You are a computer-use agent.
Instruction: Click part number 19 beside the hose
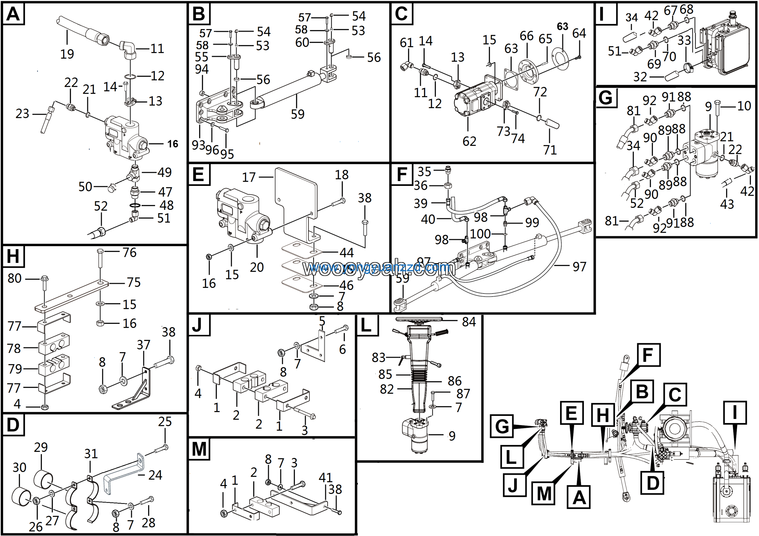click(x=67, y=54)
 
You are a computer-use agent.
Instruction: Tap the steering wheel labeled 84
click(x=419, y=319)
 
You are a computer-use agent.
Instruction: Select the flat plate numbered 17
click(x=296, y=198)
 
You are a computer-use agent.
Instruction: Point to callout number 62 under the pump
click(x=469, y=141)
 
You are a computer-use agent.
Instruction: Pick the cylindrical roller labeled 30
click(x=22, y=496)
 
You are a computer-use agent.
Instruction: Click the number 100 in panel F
click(x=480, y=234)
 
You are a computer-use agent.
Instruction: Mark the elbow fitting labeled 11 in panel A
click(x=128, y=50)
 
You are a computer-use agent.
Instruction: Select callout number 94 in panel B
click(x=202, y=69)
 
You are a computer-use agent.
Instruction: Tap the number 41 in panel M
click(x=325, y=478)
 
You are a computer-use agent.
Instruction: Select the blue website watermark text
click(x=377, y=267)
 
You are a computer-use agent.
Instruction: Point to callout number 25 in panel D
click(x=165, y=422)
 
